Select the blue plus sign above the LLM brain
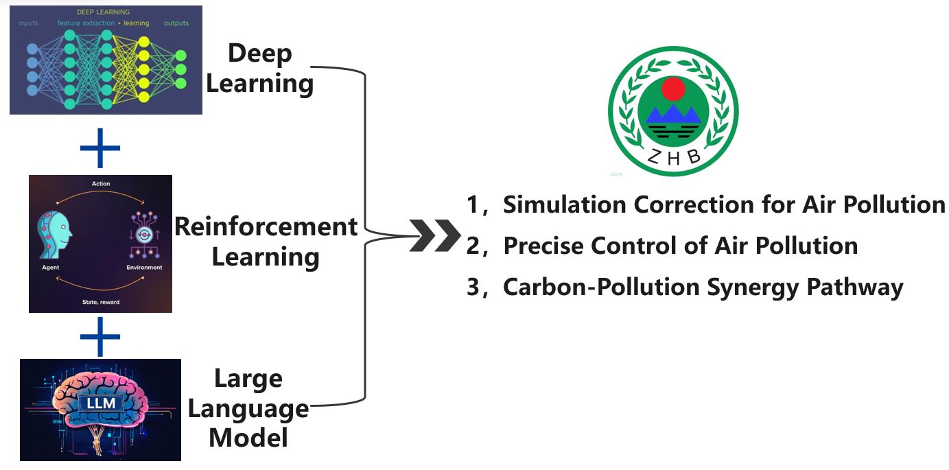(x=100, y=336)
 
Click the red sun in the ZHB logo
(x=673, y=89)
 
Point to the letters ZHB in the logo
(x=674, y=157)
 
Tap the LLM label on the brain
(x=101, y=403)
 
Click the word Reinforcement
(x=266, y=226)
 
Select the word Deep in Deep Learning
(x=260, y=54)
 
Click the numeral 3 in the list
(x=473, y=287)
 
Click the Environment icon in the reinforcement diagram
(x=144, y=233)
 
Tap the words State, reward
(x=100, y=302)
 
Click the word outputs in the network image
(x=176, y=23)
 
